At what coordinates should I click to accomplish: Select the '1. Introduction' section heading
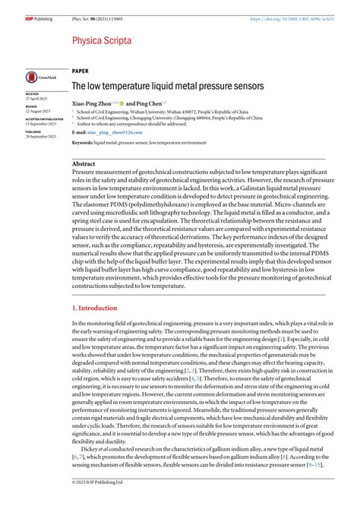(96, 308)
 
